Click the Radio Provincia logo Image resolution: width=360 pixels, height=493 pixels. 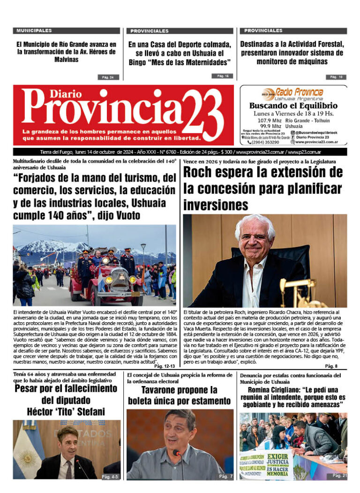point(292,92)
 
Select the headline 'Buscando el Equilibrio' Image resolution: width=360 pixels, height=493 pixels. point(293,106)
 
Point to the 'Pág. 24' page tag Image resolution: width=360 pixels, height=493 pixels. point(108,77)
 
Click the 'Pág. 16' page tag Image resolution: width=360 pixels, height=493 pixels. point(222,76)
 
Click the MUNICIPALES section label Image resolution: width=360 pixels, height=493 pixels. point(34,30)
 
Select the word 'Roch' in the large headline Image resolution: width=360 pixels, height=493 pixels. point(201,173)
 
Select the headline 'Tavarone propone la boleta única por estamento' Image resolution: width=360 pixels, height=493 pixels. point(179,395)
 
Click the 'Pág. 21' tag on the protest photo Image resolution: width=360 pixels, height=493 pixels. point(339,475)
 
